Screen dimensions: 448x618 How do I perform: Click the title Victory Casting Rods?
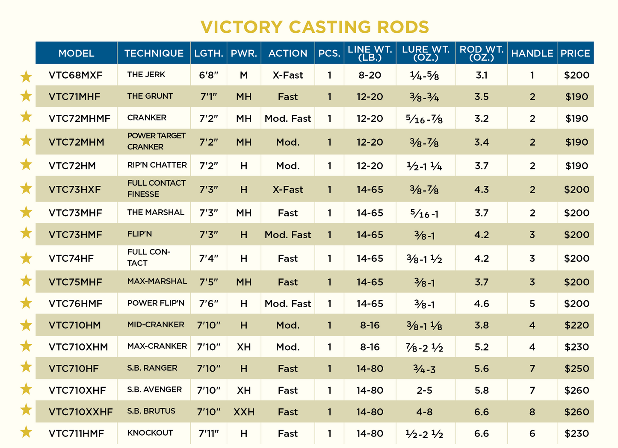[315, 27]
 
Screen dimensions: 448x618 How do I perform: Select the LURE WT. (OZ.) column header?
[426, 53]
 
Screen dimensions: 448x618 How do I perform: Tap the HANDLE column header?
[532, 53]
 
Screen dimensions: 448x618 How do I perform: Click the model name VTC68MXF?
[76, 75]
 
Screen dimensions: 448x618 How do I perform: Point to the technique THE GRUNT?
[150, 96]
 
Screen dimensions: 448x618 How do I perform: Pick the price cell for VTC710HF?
[577, 369]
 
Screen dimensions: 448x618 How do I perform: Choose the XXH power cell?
[244, 412]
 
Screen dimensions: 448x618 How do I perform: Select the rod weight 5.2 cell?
[482, 347]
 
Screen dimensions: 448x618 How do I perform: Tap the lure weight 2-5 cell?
[425, 390]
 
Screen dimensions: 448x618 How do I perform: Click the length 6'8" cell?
[209, 75]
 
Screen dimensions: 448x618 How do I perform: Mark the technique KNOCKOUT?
[150, 433]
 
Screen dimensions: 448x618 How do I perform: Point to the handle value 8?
[532, 412]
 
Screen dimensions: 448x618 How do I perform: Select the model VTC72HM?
[72, 166]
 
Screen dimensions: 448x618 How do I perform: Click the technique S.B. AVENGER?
[154, 389]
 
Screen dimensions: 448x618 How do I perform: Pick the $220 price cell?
[577, 325]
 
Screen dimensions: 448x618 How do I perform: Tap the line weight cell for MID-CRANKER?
[370, 325]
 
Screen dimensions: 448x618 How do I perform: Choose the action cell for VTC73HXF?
[288, 189]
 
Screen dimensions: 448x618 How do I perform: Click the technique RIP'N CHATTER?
[157, 165]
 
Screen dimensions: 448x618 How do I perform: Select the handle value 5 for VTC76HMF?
[532, 304]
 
